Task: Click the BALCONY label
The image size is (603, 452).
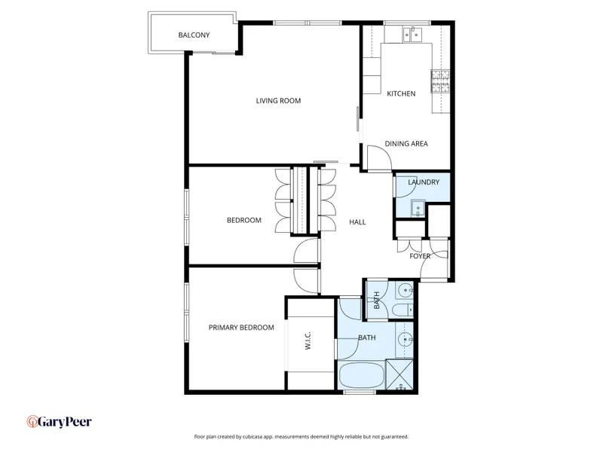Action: (x=194, y=35)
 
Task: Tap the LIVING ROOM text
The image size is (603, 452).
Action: (x=278, y=101)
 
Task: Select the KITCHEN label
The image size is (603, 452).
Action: (x=401, y=93)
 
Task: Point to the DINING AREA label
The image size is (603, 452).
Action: (x=406, y=144)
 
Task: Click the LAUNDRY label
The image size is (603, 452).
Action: (x=424, y=182)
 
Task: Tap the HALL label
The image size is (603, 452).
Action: (x=357, y=221)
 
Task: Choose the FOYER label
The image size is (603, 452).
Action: (x=420, y=256)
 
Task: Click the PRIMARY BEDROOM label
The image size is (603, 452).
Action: (x=241, y=328)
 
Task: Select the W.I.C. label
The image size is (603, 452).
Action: (x=308, y=341)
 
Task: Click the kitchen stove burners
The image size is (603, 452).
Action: (x=440, y=81)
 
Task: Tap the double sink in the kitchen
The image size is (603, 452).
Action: (x=412, y=34)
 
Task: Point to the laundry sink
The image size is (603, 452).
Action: (x=418, y=209)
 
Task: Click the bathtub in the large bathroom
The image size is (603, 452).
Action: (x=362, y=375)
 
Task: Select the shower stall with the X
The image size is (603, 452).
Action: (x=399, y=375)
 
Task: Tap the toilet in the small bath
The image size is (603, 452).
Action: (x=403, y=310)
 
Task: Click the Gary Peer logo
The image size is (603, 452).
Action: (x=60, y=422)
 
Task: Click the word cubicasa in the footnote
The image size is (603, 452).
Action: (x=254, y=437)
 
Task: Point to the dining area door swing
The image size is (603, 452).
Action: (x=379, y=157)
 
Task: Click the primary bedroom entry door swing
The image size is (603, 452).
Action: (x=307, y=281)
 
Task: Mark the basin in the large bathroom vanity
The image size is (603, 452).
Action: (x=405, y=340)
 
